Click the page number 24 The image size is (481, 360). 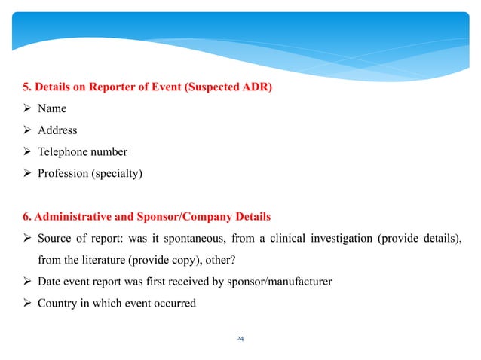coord(240,338)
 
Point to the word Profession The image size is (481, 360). coord(64,174)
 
